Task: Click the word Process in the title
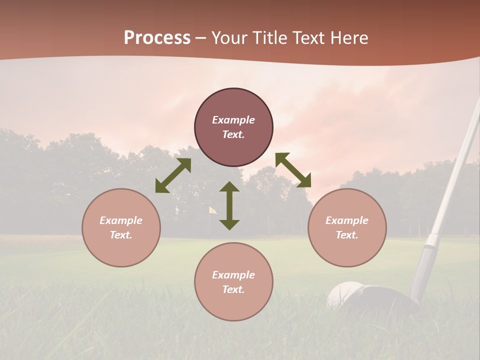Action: click(157, 38)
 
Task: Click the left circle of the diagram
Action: click(121, 227)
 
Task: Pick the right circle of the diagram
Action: click(347, 227)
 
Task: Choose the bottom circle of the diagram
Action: click(233, 281)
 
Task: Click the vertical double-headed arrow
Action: click(229, 205)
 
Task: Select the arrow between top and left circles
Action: click(173, 175)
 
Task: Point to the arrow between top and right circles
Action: click(293, 170)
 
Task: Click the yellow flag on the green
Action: click(212, 210)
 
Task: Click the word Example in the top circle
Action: click(233, 120)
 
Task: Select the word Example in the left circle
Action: click(121, 220)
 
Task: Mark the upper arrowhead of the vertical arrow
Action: click(229, 187)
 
